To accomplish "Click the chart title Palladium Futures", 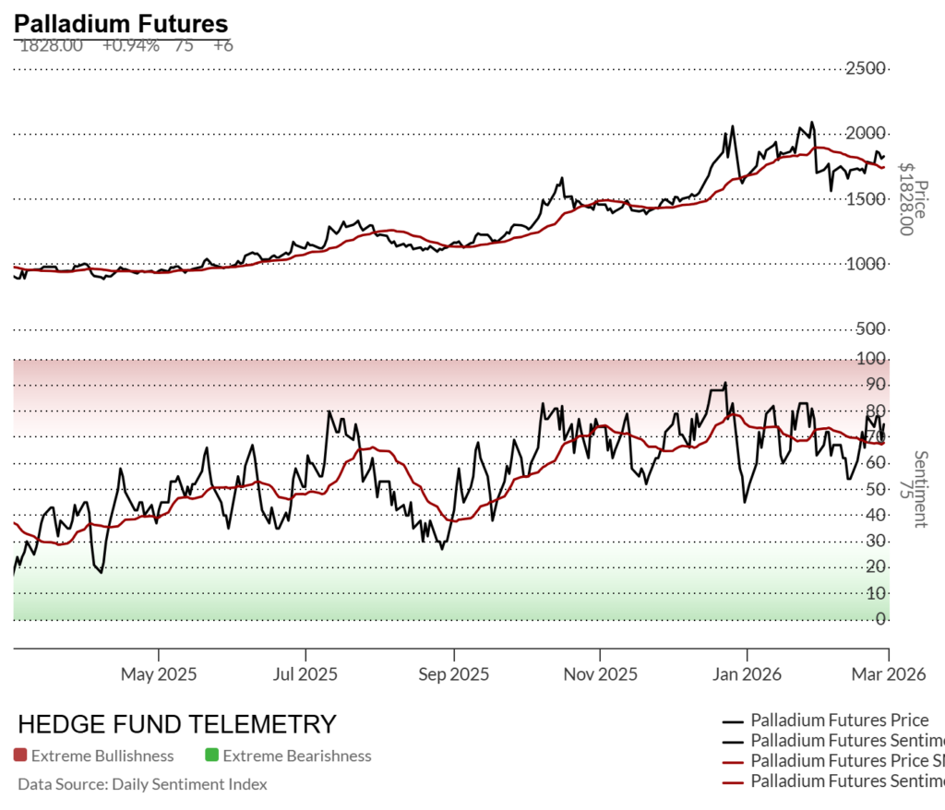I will [x=121, y=24].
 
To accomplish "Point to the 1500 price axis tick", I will [x=871, y=199].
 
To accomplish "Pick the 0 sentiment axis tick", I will [x=881, y=619].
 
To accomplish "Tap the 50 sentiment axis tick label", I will [x=878, y=489].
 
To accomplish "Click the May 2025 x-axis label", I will [x=159, y=674].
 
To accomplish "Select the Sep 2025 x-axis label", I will [x=453, y=674].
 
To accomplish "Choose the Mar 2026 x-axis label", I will [x=888, y=674].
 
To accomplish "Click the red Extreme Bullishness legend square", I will [x=20, y=756].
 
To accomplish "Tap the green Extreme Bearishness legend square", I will [x=211, y=756].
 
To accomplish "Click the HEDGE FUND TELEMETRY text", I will [x=177, y=723].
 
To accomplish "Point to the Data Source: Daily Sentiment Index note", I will [x=143, y=784].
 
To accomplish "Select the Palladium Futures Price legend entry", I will [x=839, y=720].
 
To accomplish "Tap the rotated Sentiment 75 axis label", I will [x=914, y=489].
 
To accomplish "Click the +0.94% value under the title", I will [x=130, y=44].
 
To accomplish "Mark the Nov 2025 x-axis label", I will [x=600, y=674].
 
